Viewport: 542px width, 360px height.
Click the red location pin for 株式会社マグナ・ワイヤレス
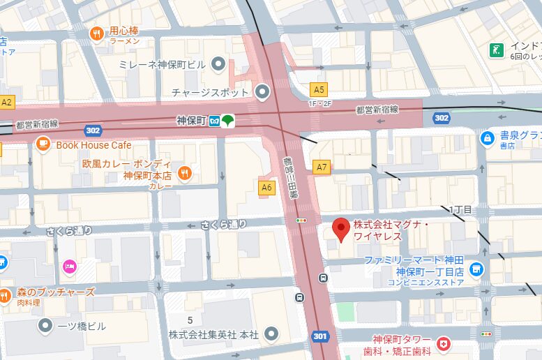[340, 229]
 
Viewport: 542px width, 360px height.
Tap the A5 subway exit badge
[319, 89]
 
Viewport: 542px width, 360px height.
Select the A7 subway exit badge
[321, 167]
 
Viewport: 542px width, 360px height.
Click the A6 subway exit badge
[266, 188]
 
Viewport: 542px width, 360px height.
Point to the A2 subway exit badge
[7, 103]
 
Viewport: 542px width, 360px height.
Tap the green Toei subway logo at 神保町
[228, 121]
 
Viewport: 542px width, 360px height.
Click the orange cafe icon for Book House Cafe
[43, 144]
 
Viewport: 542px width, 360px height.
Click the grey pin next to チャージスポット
[262, 91]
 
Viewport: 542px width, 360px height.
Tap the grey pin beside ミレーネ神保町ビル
[218, 65]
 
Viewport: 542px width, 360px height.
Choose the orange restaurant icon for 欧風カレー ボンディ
[184, 172]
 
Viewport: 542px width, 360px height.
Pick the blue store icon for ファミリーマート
[476, 268]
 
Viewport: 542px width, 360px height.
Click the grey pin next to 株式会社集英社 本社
[272, 334]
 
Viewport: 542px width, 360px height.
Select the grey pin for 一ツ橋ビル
[45, 325]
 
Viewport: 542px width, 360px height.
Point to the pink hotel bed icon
[69, 266]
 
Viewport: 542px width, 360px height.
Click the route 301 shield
[320, 336]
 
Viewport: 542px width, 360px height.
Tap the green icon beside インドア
[497, 50]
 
